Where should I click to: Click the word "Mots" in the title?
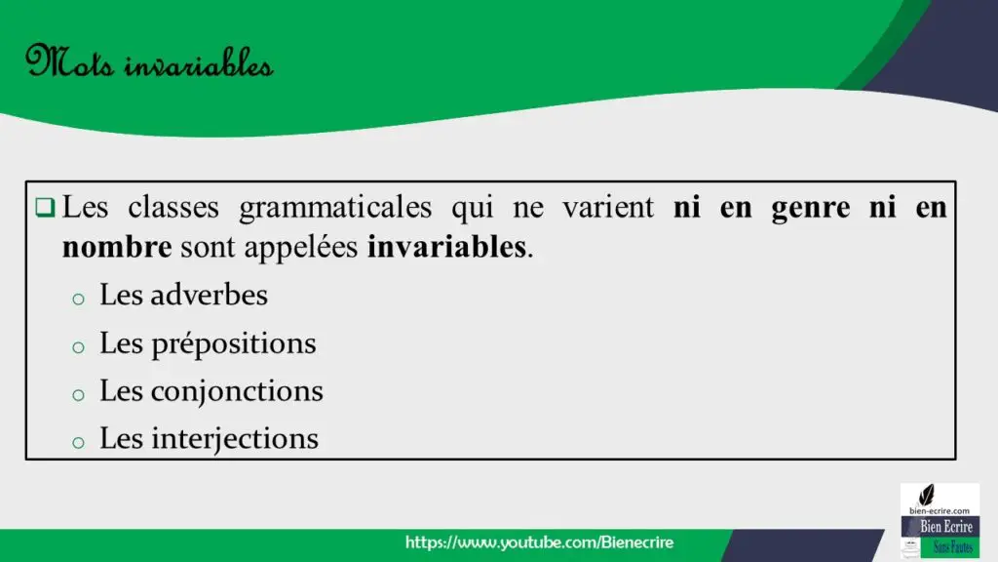70,61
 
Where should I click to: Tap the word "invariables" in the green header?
199,63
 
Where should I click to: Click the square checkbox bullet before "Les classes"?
45,207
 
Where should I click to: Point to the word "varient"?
608,207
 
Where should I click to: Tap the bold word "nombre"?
117,247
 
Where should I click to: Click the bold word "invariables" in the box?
447,247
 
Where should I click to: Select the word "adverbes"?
210,295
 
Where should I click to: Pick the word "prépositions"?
234,344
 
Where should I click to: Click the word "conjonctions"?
237,391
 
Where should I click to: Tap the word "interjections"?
235,439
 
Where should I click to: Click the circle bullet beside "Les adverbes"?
78,299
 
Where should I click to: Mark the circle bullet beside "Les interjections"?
78,442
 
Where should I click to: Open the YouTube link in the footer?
539,542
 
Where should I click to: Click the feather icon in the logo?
927,495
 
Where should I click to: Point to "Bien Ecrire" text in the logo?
945,527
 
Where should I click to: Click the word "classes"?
173,207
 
